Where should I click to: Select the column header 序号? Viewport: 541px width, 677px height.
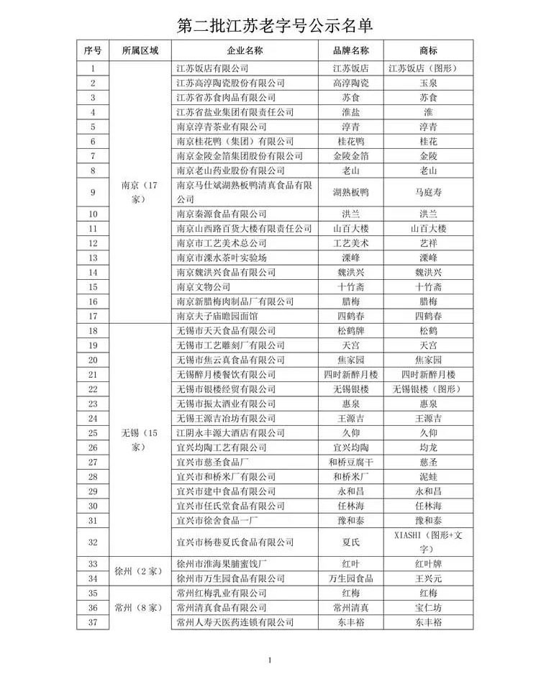coord(92,51)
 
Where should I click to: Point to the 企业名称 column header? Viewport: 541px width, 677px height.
coord(244,51)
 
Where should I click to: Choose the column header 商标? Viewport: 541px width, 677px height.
coord(428,51)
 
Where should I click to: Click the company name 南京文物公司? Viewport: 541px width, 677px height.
coord(204,286)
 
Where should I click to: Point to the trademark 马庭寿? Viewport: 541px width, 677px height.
coord(428,192)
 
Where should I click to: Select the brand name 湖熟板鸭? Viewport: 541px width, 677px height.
coord(350,192)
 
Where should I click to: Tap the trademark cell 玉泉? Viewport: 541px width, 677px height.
coord(428,83)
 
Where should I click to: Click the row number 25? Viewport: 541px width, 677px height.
coord(92,433)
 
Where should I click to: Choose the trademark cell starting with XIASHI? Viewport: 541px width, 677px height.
coord(428,542)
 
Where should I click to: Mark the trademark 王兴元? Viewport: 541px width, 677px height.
coord(428,578)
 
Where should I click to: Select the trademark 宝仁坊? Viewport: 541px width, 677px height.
coord(428,607)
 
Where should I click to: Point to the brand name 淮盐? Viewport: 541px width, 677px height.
coord(350,112)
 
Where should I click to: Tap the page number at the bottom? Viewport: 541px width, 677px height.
coord(270,660)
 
